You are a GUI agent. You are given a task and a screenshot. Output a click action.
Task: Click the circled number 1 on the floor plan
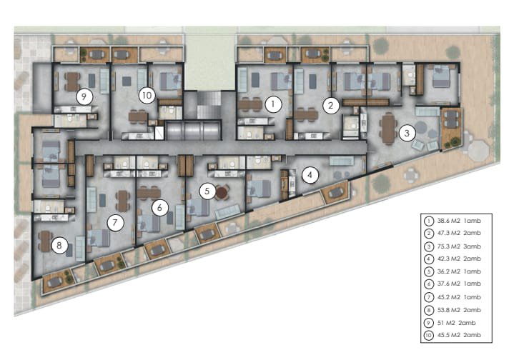273,104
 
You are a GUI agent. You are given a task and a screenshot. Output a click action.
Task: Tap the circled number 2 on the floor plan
330,106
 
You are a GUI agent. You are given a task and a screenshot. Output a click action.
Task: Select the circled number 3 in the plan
407,133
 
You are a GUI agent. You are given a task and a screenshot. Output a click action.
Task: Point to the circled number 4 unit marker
310,175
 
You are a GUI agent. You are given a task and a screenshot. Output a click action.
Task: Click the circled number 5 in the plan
207,191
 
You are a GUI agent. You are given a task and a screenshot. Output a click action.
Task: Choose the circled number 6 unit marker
159,207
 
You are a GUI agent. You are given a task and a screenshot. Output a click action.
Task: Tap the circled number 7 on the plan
114,223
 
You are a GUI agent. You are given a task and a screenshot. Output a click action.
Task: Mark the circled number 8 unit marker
59,245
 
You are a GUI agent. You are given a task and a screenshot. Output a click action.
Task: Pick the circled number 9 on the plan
84,96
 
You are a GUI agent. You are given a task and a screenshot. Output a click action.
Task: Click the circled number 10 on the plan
147,95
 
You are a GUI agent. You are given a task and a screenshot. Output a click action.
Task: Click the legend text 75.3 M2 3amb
459,246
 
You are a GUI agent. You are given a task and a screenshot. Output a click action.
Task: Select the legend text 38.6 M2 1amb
459,221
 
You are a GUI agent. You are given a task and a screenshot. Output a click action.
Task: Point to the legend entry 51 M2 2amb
456,323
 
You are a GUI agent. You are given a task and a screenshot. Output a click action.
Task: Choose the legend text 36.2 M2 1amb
459,271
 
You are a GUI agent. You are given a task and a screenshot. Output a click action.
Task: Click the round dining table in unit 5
222,193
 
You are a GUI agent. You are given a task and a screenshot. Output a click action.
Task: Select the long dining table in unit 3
388,129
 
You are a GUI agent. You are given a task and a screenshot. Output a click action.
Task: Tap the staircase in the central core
209,105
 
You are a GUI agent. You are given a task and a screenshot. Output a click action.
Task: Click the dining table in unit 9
72,81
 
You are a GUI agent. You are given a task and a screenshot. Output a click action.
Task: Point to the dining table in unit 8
45,241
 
